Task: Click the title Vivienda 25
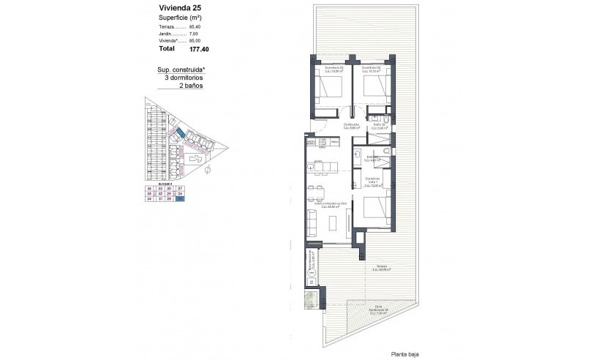coord(178,9)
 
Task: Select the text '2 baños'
coord(191,86)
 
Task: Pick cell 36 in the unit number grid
coord(149,188)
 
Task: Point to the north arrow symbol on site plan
coord(207,172)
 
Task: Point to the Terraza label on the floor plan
coord(382,267)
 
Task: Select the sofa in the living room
coord(312,219)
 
